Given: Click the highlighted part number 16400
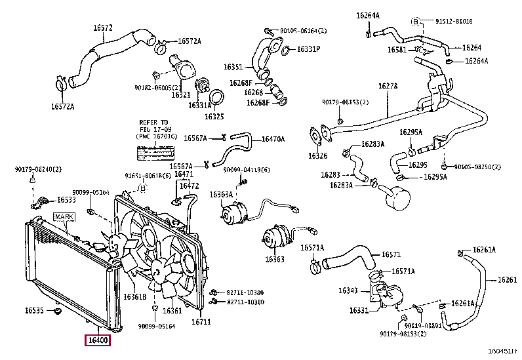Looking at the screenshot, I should coord(98,340).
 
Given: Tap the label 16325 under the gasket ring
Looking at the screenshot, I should coord(214,116).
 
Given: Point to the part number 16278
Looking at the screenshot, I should coord(388,86).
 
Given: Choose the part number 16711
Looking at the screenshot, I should coord(201,321).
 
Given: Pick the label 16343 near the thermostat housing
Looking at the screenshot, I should coord(348,290).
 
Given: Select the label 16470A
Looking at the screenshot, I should coord(273,139).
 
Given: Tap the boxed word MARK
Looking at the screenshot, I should coord(64,216).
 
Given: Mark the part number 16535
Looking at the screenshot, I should coord(35,310).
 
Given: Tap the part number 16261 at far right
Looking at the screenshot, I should coord(507,280).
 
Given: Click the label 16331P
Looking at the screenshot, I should coord(308,49).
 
